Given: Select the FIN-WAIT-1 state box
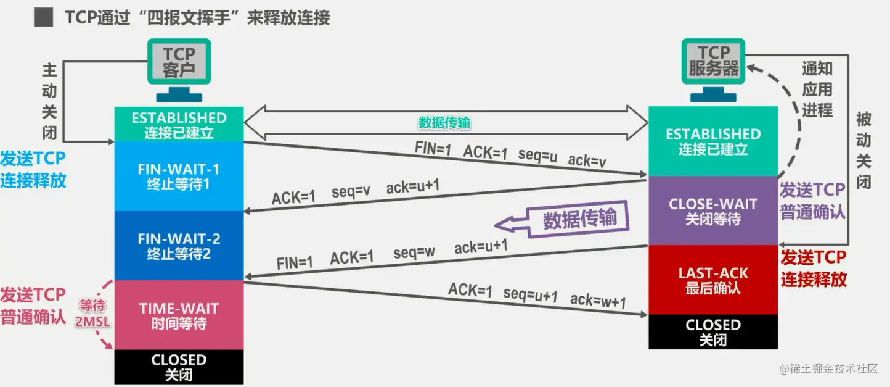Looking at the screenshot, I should pos(179,177).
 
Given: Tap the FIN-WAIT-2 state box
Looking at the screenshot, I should pos(179,246).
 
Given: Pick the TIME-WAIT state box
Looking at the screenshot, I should pos(179,315).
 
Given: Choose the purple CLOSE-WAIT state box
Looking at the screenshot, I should pos(712,210).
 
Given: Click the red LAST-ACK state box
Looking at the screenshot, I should pos(712,280).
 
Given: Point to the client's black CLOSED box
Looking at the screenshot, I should pos(179,367).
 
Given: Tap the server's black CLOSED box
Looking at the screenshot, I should pos(712,331).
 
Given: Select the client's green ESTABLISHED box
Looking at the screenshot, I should pos(179,125).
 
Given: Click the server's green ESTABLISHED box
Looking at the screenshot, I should pos(712,141).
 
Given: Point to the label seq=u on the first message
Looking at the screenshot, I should pos(537,156).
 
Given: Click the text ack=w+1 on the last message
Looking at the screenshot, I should pos(598,301).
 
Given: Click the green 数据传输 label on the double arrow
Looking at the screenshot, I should pos(444,123).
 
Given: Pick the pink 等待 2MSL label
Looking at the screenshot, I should pos(92,312).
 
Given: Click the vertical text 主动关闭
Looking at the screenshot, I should pos(49,100).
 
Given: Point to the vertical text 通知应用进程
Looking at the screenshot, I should pos(817,89).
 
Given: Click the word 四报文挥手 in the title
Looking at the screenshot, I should pos(184,17).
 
